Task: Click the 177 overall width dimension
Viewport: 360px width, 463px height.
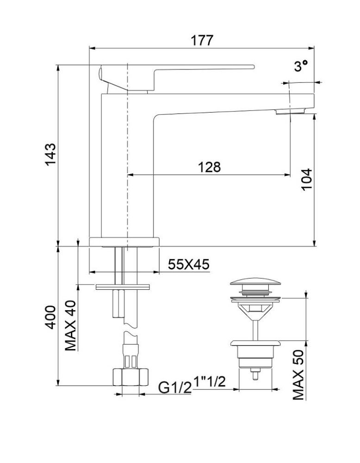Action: [202, 40]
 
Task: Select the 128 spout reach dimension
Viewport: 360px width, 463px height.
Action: [210, 167]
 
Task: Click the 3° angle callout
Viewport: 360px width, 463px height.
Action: [301, 67]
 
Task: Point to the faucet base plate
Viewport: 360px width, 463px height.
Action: [124, 242]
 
